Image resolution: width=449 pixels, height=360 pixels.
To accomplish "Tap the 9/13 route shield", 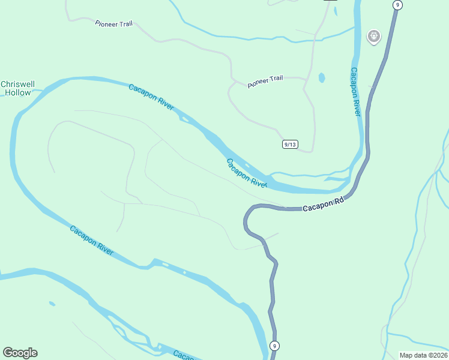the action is click(x=291, y=144).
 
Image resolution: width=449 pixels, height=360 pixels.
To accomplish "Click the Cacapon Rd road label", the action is click(x=322, y=205).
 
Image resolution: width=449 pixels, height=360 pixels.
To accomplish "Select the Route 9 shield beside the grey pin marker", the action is click(x=397, y=5).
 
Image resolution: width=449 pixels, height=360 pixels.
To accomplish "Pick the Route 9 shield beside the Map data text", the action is click(x=274, y=346).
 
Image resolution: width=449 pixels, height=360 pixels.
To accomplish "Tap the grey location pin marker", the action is click(x=374, y=37).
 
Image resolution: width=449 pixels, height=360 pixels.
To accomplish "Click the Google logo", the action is click(x=20, y=353).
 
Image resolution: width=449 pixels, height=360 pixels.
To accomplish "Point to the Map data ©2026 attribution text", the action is click(x=423, y=355).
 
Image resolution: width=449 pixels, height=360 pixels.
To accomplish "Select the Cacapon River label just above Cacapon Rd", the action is click(x=246, y=173).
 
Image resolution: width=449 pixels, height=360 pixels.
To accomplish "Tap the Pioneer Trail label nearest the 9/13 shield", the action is click(x=265, y=82).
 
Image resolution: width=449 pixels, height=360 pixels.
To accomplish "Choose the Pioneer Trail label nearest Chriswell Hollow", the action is click(x=114, y=24).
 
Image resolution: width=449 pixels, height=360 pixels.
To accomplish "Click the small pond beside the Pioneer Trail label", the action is click(x=322, y=77).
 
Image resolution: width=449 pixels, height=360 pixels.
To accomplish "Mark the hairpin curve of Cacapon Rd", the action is click(x=246, y=220).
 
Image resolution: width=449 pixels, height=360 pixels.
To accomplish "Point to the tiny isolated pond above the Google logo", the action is click(x=52, y=304).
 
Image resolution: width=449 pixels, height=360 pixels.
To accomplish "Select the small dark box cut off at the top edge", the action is click(x=330, y=1).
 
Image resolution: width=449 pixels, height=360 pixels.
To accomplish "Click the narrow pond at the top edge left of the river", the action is click(x=335, y=10).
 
